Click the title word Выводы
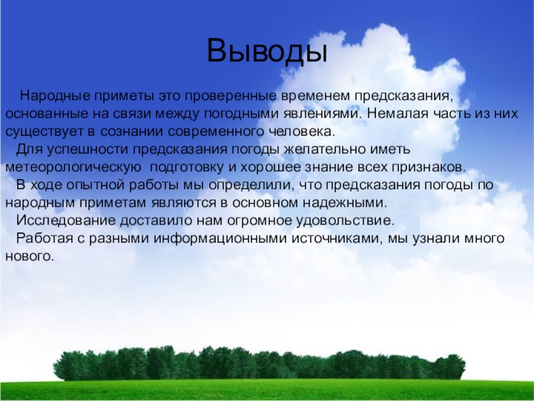[267, 51]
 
